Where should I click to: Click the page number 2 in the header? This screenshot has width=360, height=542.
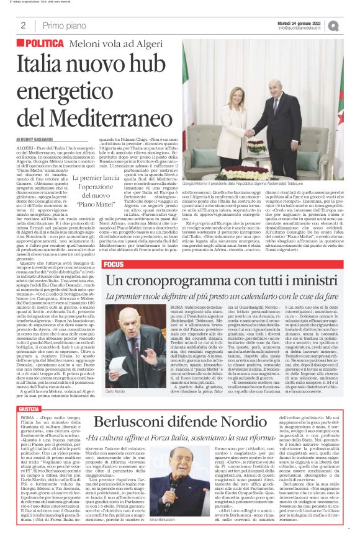pyautogui.click(x=23, y=26)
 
